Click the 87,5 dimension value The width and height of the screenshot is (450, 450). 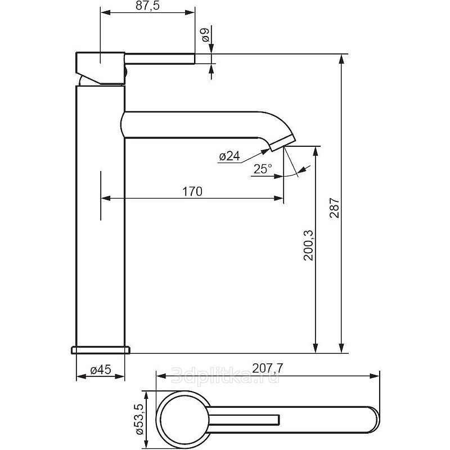click(147, 6)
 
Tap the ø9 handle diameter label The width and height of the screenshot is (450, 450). click(205, 35)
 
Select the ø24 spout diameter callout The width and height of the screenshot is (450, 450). click(229, 156)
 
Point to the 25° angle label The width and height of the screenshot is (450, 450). click(263, 169)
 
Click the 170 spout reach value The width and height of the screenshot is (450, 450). click(192, 191)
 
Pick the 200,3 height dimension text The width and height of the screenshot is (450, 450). click(309, 245)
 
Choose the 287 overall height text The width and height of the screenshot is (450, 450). click(334, 208)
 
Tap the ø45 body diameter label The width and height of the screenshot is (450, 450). click(101, 370)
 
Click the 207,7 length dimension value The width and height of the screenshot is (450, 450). click(268, 368)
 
